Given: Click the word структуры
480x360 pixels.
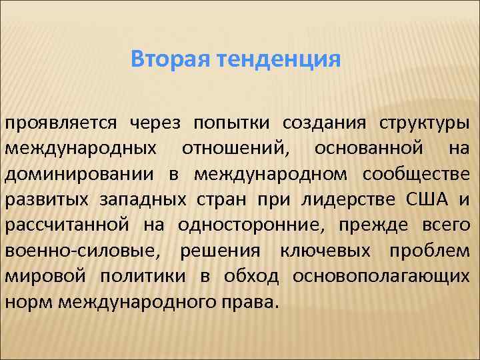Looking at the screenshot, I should (424, 123).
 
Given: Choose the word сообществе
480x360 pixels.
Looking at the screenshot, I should (416, 174).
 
